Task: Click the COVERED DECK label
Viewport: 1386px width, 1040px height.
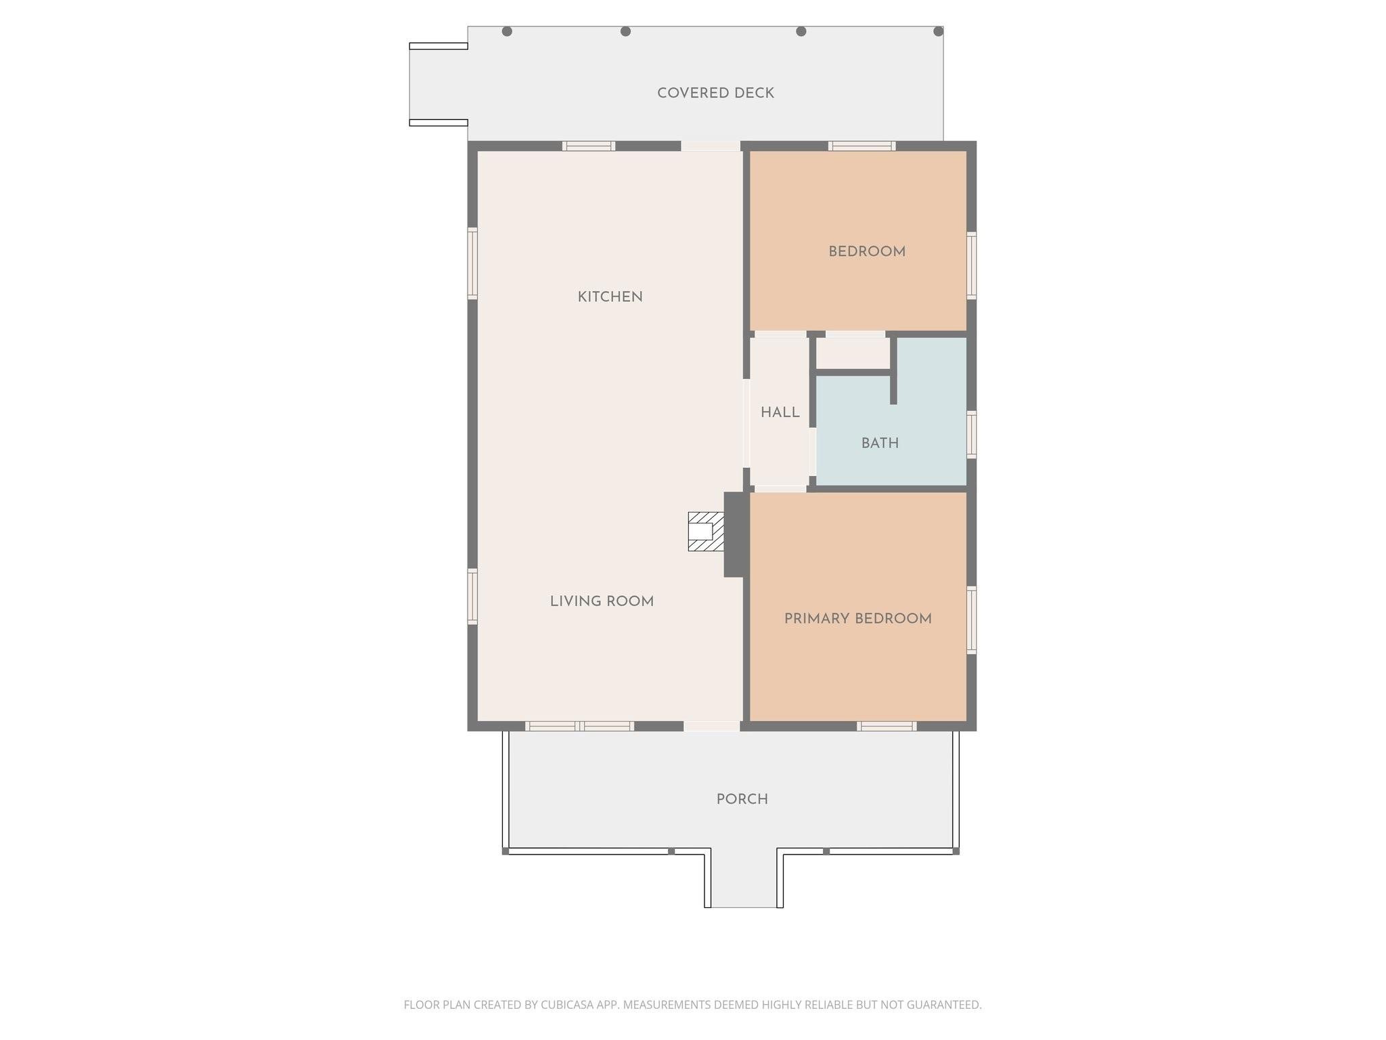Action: [x=715, y=93]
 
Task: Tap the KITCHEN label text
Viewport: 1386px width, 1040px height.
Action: [x=610, y=297]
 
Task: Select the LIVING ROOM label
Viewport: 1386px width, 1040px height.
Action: [x=602, y=601]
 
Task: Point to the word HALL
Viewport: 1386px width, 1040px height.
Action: [x=780, y=412]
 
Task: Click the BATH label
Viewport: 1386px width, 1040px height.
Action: [x=880, y=443]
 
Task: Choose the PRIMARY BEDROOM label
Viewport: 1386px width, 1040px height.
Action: [x=857, y=619]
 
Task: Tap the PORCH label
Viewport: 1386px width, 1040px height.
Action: [x=742, y=800]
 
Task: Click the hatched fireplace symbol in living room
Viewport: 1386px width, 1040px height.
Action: [x=705, y=532]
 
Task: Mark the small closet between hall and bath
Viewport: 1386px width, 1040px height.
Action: [x=852, y=353]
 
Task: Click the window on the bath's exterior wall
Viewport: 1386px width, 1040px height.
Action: [x=971, y=434]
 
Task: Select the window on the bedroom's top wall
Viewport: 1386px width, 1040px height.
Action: [x=862, y=146]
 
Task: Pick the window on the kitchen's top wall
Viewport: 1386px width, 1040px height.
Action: [x=589, y=146]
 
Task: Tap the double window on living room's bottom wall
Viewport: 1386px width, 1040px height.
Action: [x=580, y=727]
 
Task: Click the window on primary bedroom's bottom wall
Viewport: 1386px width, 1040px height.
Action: [x=887, y=727]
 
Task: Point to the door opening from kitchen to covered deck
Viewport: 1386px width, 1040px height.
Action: [x=711, y=146]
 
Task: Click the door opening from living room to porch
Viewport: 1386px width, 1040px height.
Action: [x=711, y=727]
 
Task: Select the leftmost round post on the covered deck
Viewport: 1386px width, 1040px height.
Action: [x=507, y=31]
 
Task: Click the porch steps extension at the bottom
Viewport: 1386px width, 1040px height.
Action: [x=744, y=880]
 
